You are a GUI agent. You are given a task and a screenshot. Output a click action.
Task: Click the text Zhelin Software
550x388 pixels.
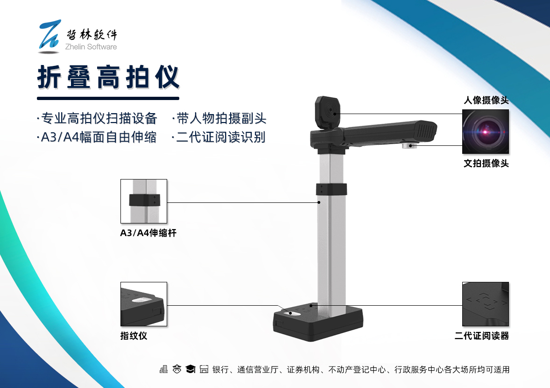click(x=91, y=47)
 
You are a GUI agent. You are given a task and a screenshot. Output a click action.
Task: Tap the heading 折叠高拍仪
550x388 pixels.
click(x=108, y=77)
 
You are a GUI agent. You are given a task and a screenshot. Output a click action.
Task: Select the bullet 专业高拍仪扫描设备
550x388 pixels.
click(x=97, y=118)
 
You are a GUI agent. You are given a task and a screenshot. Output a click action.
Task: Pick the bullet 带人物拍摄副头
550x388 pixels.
click(x=219, y=118)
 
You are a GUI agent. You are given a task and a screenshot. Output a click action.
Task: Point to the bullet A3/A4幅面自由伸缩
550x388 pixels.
click(x=97, y=137)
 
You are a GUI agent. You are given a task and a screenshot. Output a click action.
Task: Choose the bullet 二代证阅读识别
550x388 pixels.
click(x=219, y=137)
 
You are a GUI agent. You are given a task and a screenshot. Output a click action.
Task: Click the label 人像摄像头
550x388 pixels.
click(x=486, y=100)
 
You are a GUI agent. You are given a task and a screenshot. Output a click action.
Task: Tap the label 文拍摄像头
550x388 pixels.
click(x=486, y=163)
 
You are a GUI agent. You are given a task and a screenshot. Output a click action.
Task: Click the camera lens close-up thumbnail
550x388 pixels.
click(x=486, y=132)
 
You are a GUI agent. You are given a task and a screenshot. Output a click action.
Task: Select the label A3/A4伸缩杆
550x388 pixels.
click(x=148, y=233)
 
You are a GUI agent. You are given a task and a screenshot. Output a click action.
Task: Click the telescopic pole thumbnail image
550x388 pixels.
click(x=144, y=201)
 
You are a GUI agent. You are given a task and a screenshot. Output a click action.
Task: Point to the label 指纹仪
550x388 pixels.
click(x=134, y=336)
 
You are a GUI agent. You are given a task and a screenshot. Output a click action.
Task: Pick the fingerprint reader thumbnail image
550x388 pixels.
click(x=144, y=304)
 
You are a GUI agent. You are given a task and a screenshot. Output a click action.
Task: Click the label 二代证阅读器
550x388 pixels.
click(x=482, y=336)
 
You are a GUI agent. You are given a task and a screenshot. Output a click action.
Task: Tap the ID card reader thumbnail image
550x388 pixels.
click(x=486, y=304)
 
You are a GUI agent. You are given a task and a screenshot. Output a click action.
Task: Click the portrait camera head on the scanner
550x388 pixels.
click(x=328, y=112)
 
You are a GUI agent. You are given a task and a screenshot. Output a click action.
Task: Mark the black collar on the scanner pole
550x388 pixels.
click(x=331, y=189)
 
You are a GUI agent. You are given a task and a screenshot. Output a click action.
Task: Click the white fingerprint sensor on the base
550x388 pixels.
click(x=295, y=313)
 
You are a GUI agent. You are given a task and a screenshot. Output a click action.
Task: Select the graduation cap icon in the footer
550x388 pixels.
click(x=190, y=369)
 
